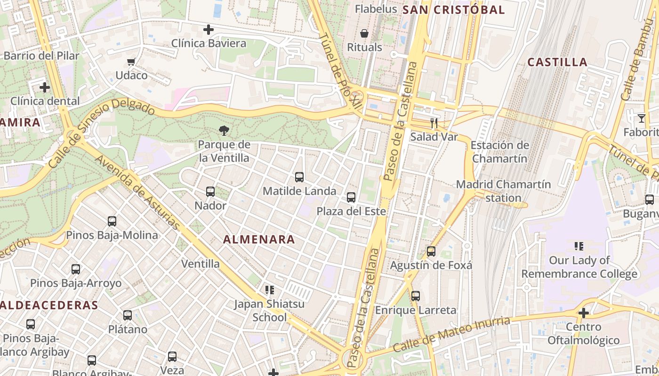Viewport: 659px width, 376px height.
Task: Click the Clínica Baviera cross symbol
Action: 208,30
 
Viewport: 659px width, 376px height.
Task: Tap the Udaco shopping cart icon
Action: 131,62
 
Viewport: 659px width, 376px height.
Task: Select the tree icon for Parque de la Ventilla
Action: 224,131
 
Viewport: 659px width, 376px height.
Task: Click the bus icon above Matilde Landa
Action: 299,177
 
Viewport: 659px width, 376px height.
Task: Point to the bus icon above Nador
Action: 210,192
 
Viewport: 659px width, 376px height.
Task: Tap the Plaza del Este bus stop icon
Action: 351,197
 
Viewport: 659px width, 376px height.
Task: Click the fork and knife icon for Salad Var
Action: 434,124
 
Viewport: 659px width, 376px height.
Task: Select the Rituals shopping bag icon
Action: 364,33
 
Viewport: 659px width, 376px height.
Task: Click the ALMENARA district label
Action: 259,239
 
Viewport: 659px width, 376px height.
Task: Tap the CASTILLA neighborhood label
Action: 557,62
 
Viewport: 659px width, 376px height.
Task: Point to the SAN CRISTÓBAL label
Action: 454,9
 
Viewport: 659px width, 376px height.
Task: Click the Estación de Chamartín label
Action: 499,152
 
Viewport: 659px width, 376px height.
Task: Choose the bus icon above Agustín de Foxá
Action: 431,251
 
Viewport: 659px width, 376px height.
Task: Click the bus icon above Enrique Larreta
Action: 415,296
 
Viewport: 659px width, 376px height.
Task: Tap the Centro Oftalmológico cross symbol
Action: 584,313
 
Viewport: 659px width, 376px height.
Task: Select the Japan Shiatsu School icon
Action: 269,290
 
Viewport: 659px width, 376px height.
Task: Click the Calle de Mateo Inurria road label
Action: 451,335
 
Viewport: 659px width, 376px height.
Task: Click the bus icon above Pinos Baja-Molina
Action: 112,221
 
